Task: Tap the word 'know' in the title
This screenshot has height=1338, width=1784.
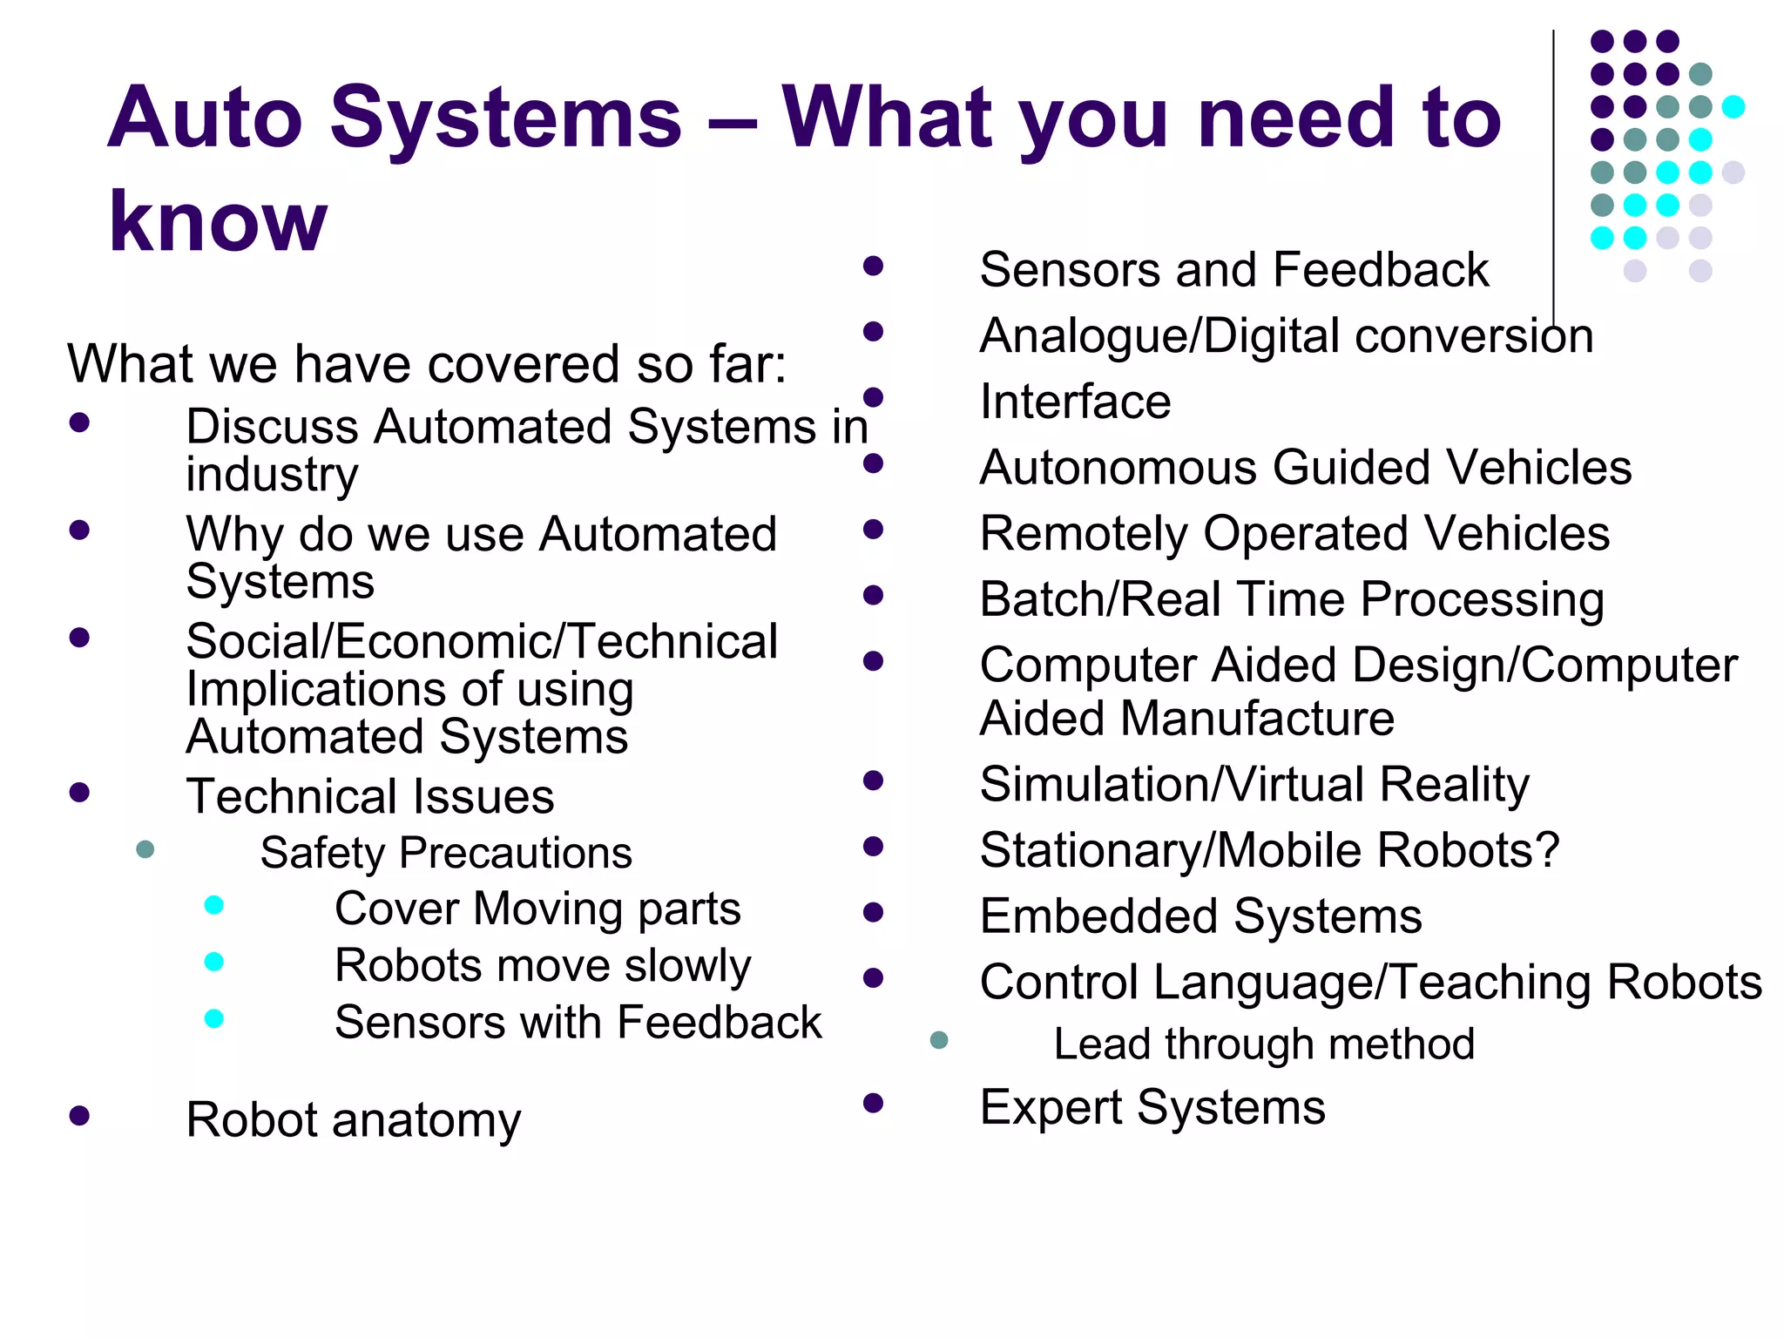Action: pos(218,222)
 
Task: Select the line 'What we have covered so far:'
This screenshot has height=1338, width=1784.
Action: pos(427,363)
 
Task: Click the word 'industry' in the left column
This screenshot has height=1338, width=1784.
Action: pos(272,475)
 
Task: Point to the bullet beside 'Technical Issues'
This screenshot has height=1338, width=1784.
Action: pos(79,793)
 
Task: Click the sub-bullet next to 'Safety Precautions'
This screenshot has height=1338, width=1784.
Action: pos(145,849)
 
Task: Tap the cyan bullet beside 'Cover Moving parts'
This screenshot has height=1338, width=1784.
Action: pos(213,905)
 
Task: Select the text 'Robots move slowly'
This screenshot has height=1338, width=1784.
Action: pos(543,966)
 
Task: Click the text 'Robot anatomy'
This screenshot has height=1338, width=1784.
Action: pos(354,1119)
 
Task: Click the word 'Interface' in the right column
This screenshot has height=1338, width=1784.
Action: pos(1075,402)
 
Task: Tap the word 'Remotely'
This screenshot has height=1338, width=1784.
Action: pos(1084,534)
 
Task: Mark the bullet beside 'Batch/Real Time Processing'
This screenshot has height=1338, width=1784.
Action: pos(874,596)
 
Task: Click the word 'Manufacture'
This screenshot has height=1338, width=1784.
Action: pos(1257,720)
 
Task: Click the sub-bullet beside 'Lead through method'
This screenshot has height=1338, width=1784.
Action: pos(939,1040)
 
